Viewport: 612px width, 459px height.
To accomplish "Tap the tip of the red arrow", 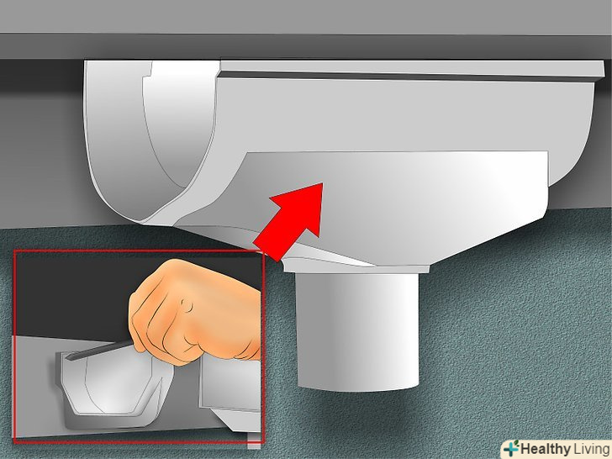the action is (323, 183).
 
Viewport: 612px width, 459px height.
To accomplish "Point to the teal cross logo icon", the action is (510, 449).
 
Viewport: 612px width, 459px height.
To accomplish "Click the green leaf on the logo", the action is (515, 443).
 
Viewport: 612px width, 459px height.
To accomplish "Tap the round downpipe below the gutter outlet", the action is (357, 332).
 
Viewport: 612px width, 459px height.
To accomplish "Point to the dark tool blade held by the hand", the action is (99, 350).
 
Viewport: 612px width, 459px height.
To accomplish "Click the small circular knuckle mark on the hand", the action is (187, 305).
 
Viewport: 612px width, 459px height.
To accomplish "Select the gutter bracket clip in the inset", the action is (113, 390).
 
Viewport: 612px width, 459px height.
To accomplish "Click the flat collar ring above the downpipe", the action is (356, 268).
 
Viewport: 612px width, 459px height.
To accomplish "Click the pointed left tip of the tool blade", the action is (66, 356).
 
